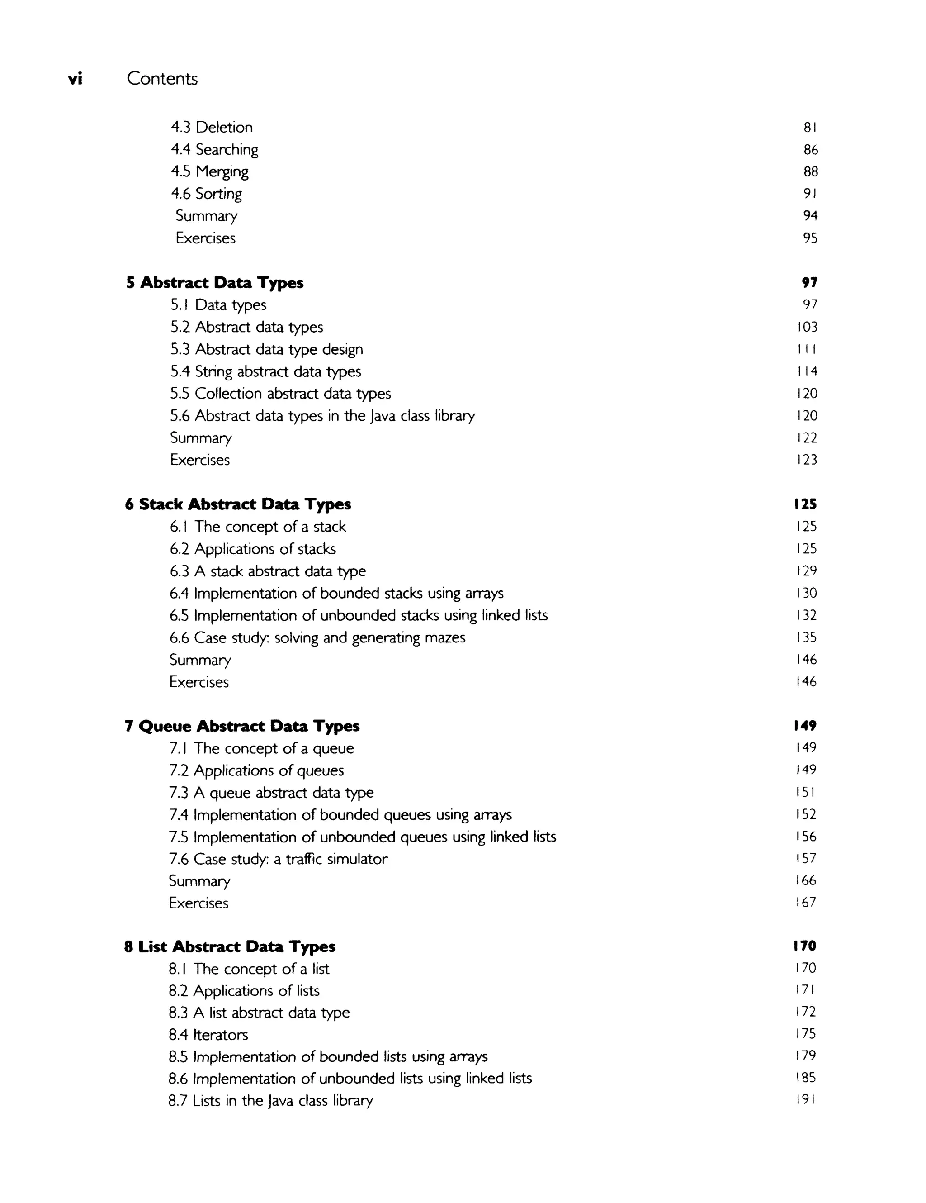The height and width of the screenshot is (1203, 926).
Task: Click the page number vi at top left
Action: (75, 79)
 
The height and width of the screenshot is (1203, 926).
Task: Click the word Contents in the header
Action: (162, 79)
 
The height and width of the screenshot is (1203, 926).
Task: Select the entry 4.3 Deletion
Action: (212, 127)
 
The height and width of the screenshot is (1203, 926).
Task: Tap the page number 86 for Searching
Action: (810, 150)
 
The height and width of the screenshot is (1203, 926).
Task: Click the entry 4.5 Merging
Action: (209, 172)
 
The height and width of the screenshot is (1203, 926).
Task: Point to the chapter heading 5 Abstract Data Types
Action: (215, 283)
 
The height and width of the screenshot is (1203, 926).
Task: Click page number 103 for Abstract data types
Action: (807, 327)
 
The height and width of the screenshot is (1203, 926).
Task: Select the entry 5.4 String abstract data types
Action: (265, 372)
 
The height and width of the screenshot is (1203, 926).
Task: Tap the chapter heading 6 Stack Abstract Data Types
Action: (238, 504)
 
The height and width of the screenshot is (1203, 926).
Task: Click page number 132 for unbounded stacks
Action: (806, 615)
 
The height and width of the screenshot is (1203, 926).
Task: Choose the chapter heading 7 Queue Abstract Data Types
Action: (242, 727)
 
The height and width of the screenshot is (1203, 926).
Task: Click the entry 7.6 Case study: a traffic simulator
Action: (278, 859)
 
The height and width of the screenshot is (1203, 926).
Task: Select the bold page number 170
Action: (805, 946)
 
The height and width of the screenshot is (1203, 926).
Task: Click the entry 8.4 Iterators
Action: (208, 1035)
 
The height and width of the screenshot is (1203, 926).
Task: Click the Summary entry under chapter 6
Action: (200, 660)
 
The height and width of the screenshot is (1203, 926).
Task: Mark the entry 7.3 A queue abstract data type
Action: (271, 793)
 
